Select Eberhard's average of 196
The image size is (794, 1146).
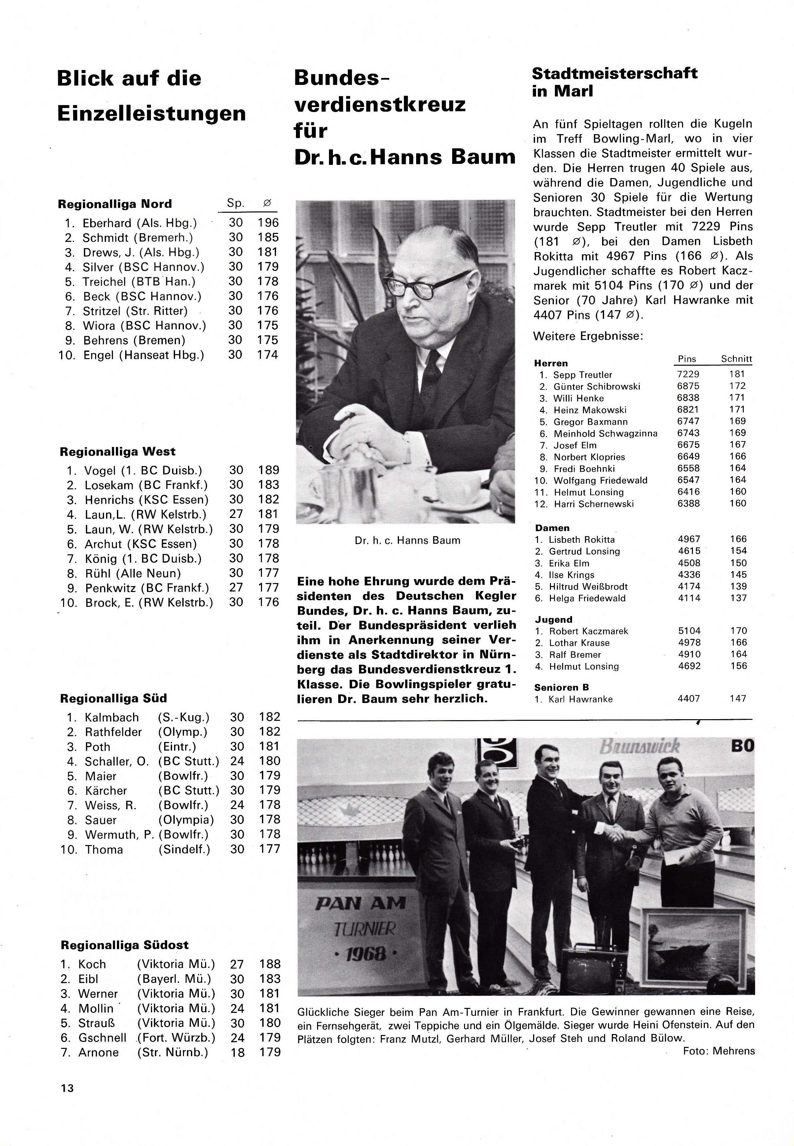click(268, 223)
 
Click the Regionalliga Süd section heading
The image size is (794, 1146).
click(113, 698)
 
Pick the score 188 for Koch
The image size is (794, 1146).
click(270, 964)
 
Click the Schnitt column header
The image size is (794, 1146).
click(736, 359)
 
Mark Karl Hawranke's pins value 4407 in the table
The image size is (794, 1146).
click(689, 699)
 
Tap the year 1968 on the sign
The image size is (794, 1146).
click(364, 953)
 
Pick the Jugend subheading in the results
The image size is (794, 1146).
click(553, 619)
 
